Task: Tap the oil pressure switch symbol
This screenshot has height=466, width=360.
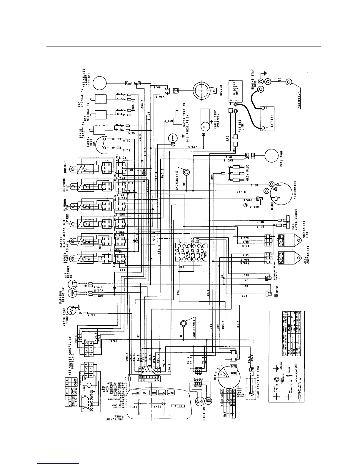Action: tap(173, 139)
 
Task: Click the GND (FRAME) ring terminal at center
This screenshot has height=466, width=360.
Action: tap(184, 324)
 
